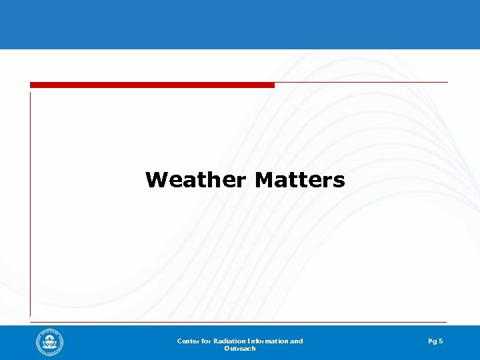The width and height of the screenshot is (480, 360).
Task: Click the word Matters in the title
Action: tap(300, 180)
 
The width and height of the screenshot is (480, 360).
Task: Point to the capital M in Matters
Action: tap(264, 180)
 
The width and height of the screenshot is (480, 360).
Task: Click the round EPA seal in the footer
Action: tap(50, 343)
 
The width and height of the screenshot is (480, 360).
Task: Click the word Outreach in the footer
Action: tap(240, 349)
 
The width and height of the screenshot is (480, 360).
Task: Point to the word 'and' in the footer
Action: tap(297, 341)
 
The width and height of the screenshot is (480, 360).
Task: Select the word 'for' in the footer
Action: tap(205, 341)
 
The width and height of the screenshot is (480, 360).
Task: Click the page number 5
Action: tap(441, 341)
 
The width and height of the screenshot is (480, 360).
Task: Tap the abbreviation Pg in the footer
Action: tap(433, 341)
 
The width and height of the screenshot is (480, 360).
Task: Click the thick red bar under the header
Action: tap(152, 85)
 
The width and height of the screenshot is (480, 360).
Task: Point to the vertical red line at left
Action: tap(30, 200)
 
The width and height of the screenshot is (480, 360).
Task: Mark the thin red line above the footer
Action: tap(240, 322)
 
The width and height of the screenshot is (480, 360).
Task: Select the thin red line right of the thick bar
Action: tap(360, 83)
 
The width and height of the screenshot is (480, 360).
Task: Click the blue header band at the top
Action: tap(240, 24)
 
